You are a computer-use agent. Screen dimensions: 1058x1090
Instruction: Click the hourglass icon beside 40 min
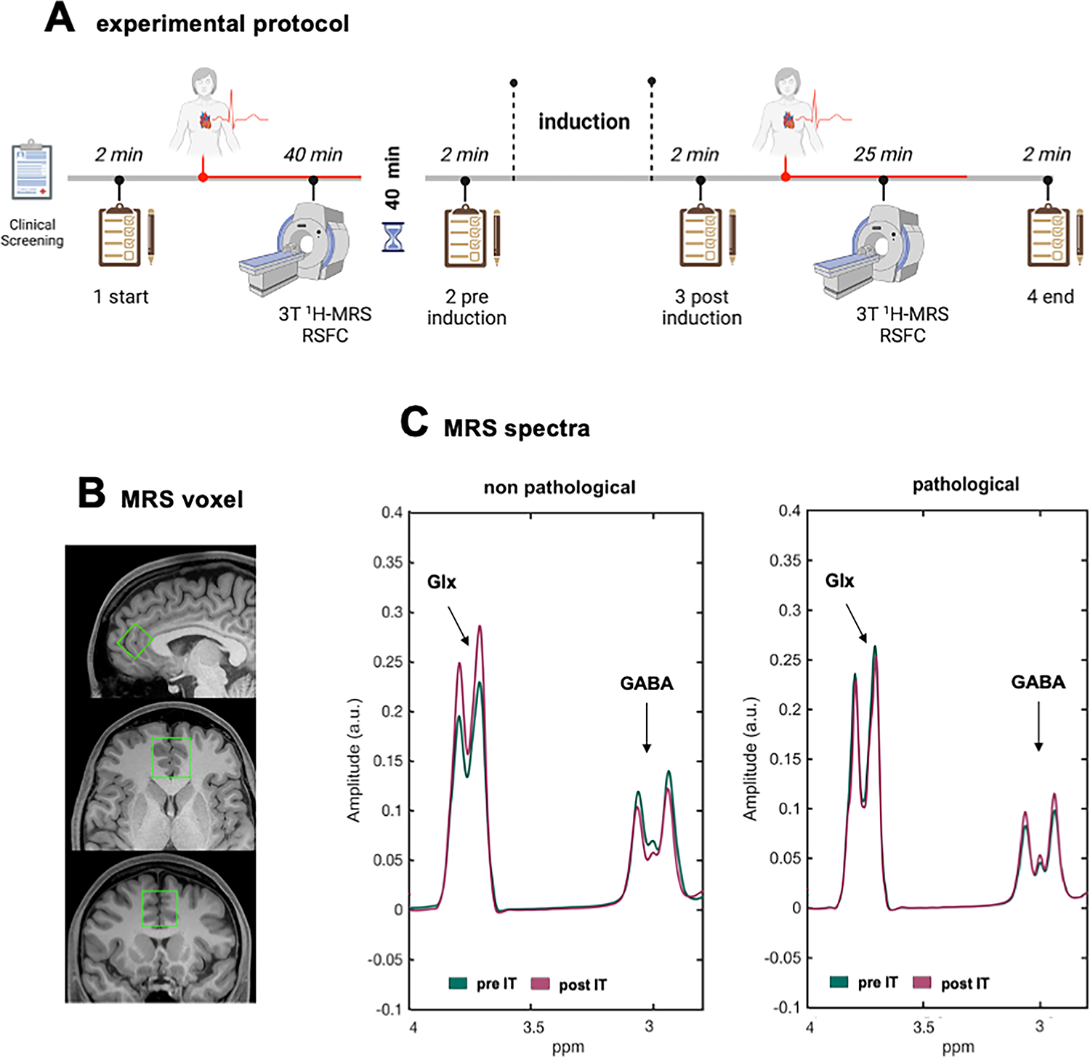[x=393, y=237]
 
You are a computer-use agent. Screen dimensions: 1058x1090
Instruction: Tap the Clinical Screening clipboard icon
[x=33, y=170]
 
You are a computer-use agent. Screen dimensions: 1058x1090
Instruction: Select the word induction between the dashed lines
[x=584, y=121]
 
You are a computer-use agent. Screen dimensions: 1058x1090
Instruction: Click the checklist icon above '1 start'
[x=121, y=237]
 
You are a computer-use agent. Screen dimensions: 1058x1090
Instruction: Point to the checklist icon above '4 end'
[x=1049, y=237]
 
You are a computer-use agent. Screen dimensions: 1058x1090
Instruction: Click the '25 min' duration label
[x=883, y=154]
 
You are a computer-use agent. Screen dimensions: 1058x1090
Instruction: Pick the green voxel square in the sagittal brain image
[x=135, y=641]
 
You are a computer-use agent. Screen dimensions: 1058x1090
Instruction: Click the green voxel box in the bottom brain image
[x=160, y=908]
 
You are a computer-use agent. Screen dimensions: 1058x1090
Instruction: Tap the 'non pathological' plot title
[x=560, y=487]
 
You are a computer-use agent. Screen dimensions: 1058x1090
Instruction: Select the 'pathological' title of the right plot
[x=966, y=484]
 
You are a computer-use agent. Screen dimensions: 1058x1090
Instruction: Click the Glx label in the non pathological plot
[x=442, y=582]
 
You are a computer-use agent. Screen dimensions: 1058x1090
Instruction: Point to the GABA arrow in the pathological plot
[x=1038, y=726]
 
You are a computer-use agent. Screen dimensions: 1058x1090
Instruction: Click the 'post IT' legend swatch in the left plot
[x=540, y=984]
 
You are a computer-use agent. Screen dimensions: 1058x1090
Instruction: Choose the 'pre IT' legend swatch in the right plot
[x=839, y=982]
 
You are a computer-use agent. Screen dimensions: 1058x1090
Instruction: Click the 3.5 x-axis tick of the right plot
[x=924, y=1027]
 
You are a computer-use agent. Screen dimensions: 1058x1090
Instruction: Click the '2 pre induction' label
[x=467, y=307]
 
